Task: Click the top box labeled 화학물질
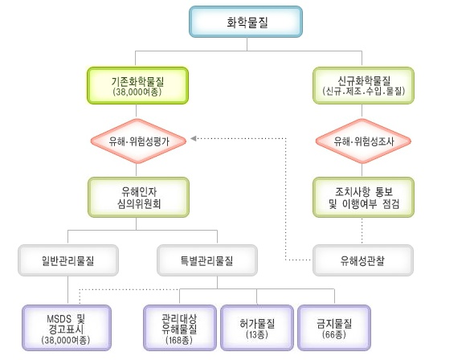pyautogui.click(x=246, y=22)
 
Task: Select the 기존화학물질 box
pyautogui.click(x=138, y=85)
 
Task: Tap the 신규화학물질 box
pyautogui.click(x=363, y=85)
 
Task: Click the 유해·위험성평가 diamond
pyautogui.click(x=138, y=141)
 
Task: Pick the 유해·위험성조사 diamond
pyautogui.click(x=363, y=141)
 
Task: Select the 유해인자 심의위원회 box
pyautogui.click(x=138, y=198)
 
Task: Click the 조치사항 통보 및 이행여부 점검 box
pyautogui.click(x=363, y=198)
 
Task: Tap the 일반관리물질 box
pyautogui.click(x=68, y=260)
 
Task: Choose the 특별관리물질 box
pyautogui.click(x=207, y=260)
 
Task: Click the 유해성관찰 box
pyautogui.click(x=363, y=260)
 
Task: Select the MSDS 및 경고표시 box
pyautogui.click(x=67, y=328)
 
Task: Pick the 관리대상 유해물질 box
pyautogui.click(x=180, y=328)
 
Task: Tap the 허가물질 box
pyautogui.click(x=257, y=328)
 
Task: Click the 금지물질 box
pyautogui.click(x=334, y=328)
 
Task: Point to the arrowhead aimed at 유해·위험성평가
pyautogui.click(x=193, y=138)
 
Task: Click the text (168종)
pyautogui.click(x=179, y=340)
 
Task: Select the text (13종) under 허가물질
pyautogui.click(x=257, y=334)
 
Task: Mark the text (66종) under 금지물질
pyautogui.click(x=334, y=334)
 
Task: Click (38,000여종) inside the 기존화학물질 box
pyautogui.click(x=137, y=92)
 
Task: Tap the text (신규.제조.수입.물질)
pyautogui.click(x=363, y=91)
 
